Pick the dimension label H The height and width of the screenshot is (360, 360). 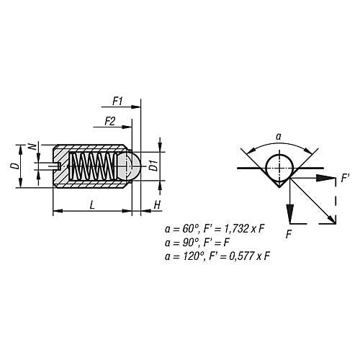click(x=156, y=205)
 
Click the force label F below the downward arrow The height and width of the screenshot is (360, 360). click(x=289, y=234)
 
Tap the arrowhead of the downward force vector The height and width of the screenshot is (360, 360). click(x=289, y=217)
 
